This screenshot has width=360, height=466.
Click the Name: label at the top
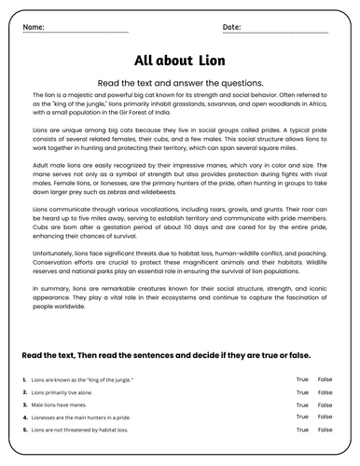pyautogui.click(x=34, y=26)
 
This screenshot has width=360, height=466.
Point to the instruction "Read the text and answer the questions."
pyautogui.click(x=180, y=82)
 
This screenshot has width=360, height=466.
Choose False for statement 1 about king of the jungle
pyautogui.click(x=325, y=379)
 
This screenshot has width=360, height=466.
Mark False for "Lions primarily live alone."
pyautogui.click(x=325, y=392)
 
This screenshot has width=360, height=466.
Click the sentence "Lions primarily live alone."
pyautogui.click(x=67, y=392)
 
